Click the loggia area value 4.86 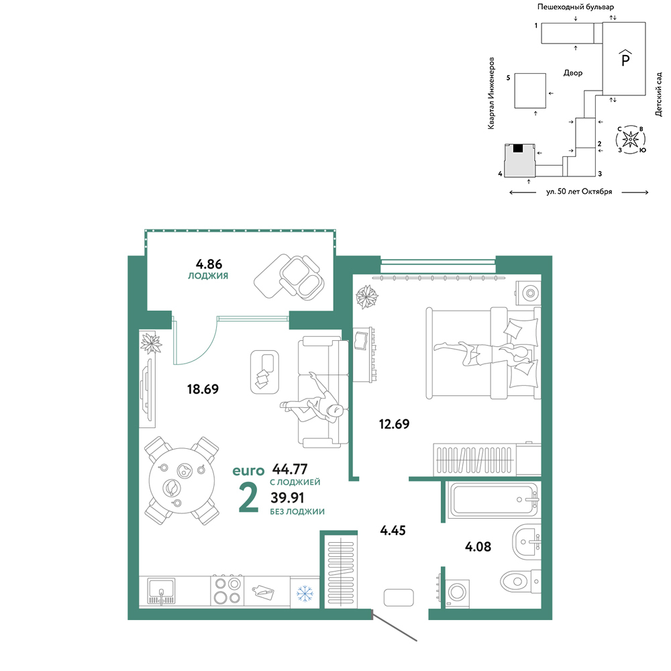click(209, 264)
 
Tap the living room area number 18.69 click(203, 389)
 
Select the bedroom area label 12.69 click(394, 424)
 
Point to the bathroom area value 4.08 click(478, 546)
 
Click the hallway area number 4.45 click(393, 531)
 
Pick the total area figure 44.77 click(290, 469)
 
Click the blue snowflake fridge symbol click(305, 594)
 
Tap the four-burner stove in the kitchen click(227, 591)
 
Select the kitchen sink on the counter click(161, 591)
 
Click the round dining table click(181, 480)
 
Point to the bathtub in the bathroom click(495, 500)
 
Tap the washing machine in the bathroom click(457, 592)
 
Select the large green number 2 click(249, 497)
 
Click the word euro click(248, 471)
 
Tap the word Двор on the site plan click(573, 73)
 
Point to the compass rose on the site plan click(630, 139)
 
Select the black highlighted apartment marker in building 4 click(518, 148)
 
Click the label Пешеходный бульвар click(576, 7)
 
